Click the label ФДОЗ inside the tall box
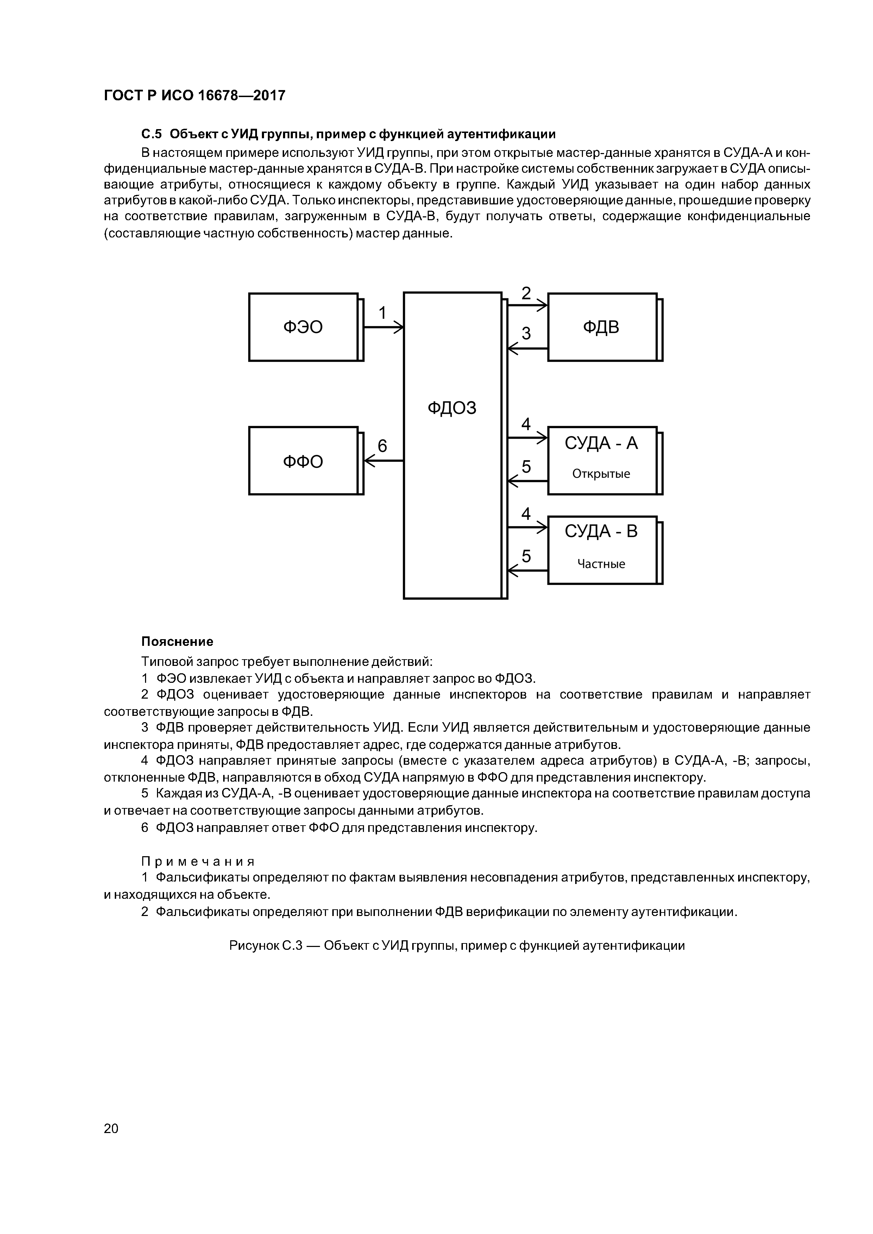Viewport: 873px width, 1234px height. click(452, 408)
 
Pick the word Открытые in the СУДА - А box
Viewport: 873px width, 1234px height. click(601, 473)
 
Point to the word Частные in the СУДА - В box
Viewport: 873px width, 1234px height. click(601, 564)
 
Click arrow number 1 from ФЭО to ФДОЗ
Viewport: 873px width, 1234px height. click(383, 327)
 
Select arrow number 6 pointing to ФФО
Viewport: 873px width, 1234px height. click(383, 460)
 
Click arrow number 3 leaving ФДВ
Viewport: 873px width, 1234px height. click(527, 349)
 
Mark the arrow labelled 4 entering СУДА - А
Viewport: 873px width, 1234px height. click(527, 438)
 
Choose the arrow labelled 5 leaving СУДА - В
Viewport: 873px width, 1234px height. click(527, 570)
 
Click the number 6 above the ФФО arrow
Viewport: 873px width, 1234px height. click(382, 446)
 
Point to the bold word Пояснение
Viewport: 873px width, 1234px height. click(177, 641)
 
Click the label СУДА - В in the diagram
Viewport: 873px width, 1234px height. click(601, 532)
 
